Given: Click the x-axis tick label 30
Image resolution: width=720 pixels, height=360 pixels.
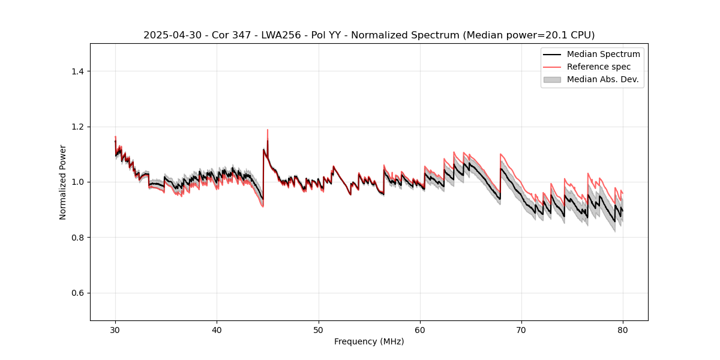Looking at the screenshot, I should (x=115, y=330).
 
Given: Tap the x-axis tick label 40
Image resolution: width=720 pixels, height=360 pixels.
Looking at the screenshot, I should (x=217, y=330).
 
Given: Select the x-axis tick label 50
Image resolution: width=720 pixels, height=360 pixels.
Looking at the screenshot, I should (x=319, y=330).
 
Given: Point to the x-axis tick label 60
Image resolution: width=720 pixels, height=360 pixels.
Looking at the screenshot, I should (x=420, y=330).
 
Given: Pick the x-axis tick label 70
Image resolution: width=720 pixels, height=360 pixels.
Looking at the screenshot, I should (x=521, y=330).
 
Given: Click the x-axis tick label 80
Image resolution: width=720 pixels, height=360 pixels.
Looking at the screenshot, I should (x=623, y=330).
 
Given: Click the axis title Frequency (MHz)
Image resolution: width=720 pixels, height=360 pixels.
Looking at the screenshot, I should (x=369, y=341).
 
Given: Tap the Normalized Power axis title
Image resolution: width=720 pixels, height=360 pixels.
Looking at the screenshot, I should (x=63, y=182).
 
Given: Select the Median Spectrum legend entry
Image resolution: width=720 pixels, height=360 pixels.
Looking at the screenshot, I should (x=603, y=54).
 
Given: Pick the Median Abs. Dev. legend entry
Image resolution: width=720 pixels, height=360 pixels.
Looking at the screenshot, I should (x=602, y=79).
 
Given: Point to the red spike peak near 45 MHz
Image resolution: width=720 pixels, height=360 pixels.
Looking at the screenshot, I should (x=268, y=130).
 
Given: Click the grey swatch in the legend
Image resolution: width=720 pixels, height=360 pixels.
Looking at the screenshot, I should (x=552, y=79).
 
